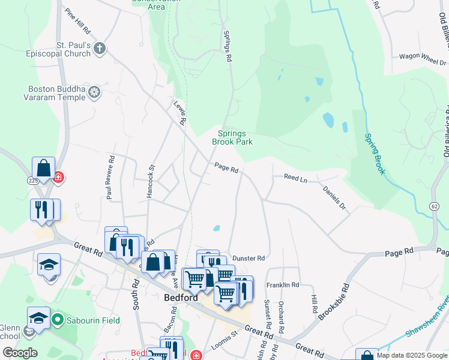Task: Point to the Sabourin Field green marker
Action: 58,320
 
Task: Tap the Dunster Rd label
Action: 249,258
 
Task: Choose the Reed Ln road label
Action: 295,178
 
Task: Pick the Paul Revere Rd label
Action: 110,177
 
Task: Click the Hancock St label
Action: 151,178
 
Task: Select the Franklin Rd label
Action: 282,285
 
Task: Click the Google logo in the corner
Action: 20,353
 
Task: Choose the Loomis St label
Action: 225,347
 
